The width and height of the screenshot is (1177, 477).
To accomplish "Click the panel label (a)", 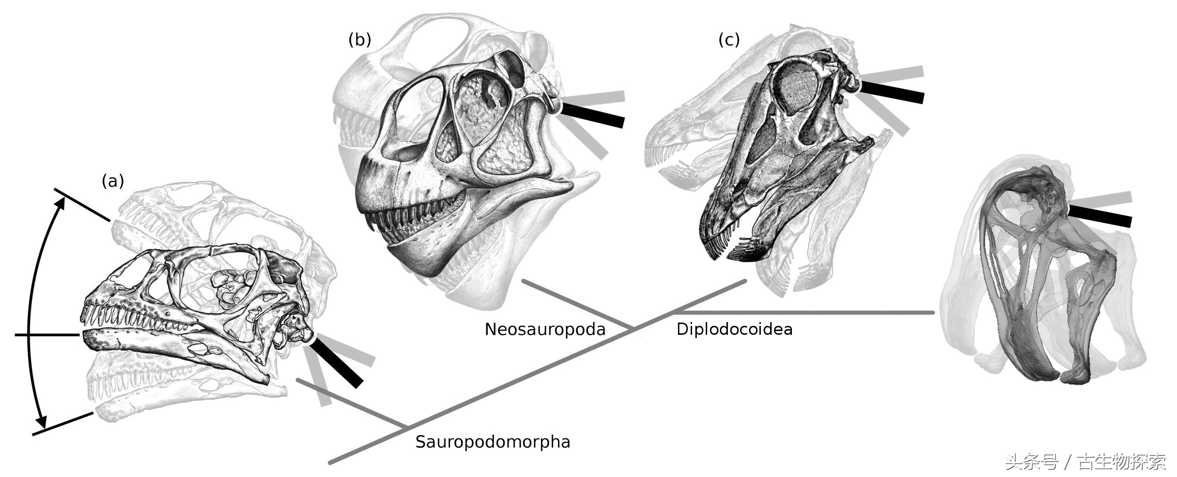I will tap(113, 181).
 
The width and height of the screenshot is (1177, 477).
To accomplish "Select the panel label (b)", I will tap(359, 40).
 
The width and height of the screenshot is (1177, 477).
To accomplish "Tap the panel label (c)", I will tap(729, 40).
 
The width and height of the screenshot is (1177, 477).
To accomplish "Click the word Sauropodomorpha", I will tap(492, 442).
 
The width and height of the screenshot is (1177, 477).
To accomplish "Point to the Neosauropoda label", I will tap(545, 329).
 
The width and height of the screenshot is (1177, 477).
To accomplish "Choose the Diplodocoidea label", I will tap(734, 329).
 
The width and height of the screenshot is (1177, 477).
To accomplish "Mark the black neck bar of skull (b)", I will tap(593, 115).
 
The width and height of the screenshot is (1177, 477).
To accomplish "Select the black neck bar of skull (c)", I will tap(892, 92).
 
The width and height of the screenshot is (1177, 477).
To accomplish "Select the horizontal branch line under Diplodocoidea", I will tap(800, 312).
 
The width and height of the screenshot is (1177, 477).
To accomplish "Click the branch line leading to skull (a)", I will tap(351, 402).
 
